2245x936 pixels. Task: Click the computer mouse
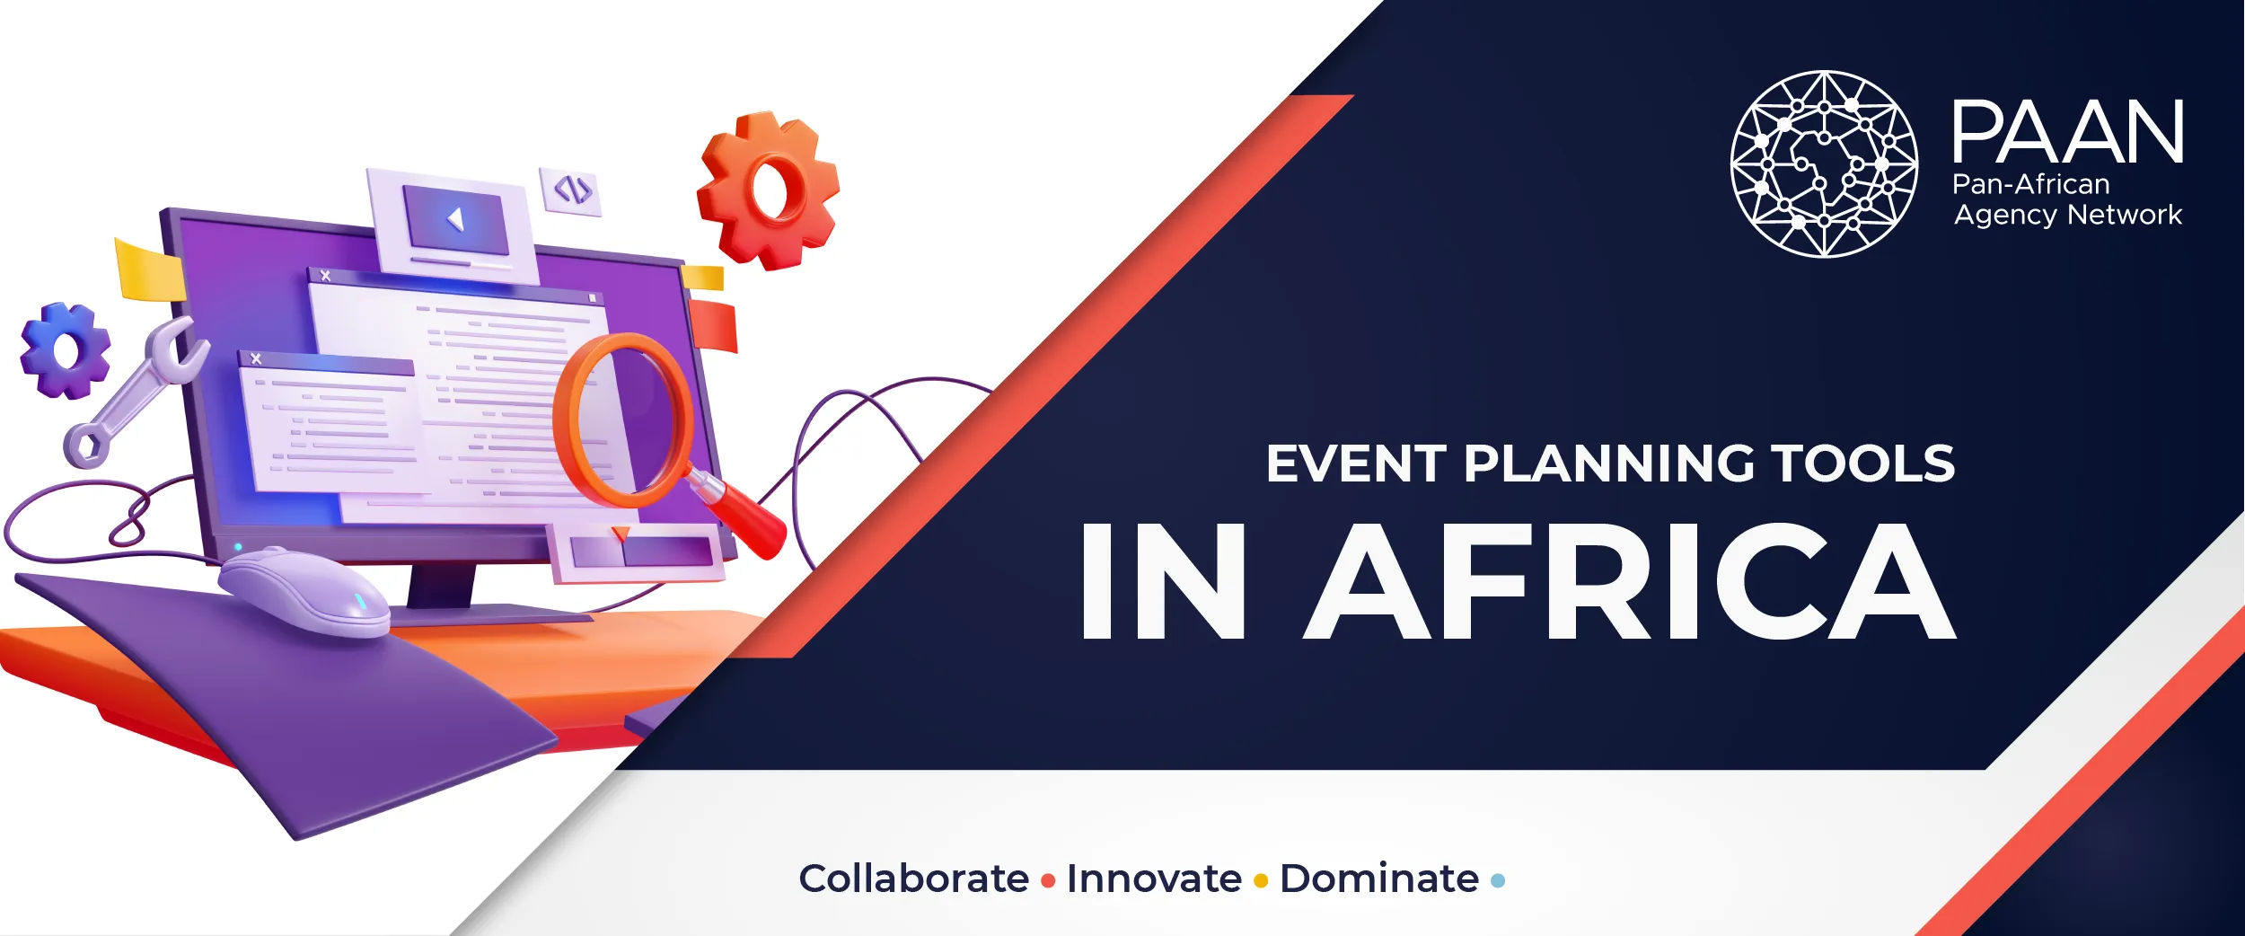tap(305, 593)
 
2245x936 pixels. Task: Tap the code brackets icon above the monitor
tap(572, 190)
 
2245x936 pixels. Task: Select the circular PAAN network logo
tap(1824, 163)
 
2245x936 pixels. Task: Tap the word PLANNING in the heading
tap(1608, 464)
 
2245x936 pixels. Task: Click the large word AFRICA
tap(1629, 582)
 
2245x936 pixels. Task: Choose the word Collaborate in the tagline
tap(913, 879)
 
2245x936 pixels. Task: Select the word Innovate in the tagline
tap(1154, 879)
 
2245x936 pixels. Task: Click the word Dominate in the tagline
tap(1378, 879)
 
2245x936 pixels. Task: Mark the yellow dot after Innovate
tap(1261, 881)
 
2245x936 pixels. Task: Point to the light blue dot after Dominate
tap(1498, 881)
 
